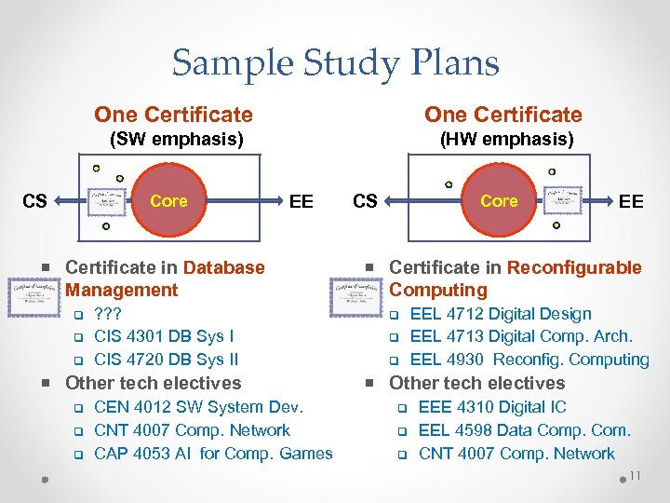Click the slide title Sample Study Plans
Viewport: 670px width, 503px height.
click(335, 63)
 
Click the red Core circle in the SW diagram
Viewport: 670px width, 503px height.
click(168, 201)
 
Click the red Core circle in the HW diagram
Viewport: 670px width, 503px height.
click(499, 201)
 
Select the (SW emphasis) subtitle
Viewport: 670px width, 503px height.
click(177, 140)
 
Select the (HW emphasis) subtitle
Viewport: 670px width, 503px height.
click(506, 140)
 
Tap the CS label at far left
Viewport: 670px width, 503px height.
click(34, 201)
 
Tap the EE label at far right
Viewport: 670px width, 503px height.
click(631, 201)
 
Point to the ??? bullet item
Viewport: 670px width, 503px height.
click(108, 314)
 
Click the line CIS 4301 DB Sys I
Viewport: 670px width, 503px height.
click(164, 336)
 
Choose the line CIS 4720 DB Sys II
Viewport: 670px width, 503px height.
click(167, 360)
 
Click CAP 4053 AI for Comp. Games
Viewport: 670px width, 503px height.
click(213, 454)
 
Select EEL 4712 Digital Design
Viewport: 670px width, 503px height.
click(501, 314)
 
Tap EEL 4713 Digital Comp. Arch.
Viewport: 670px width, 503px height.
click(521, 336)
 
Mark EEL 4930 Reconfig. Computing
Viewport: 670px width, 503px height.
click(529, 360)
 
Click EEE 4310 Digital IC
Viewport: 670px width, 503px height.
click(492, 407)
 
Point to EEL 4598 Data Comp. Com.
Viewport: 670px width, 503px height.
click(525, 430)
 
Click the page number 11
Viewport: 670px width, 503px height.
click(635, 477)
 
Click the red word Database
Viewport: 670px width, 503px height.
click(223, 267)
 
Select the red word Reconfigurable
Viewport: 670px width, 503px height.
click(574, 267)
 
